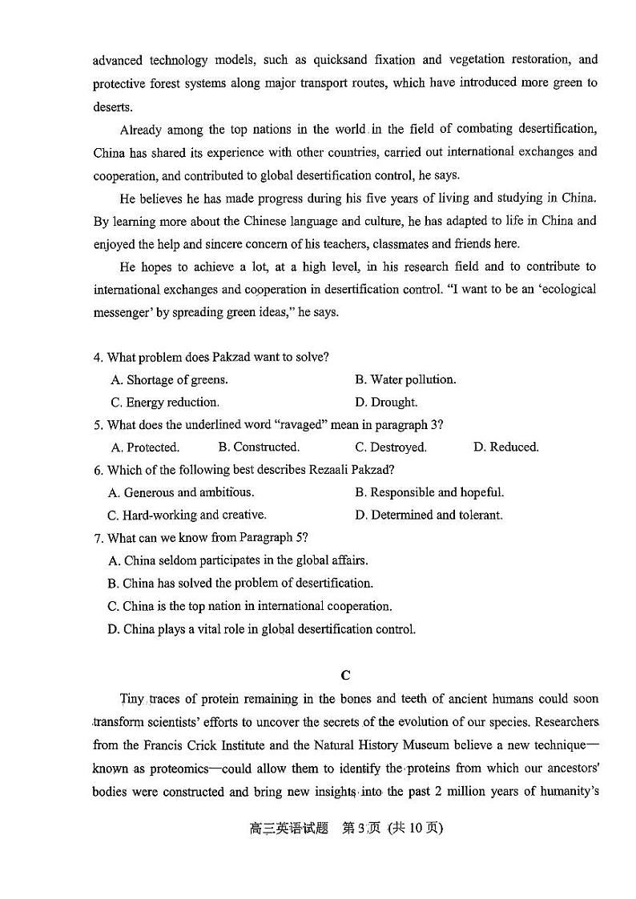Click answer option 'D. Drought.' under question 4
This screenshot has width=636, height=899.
pyautogui.click(x=386, y=403)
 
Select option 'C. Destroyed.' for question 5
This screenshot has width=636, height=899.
pyautogui.click(x=391, y=447)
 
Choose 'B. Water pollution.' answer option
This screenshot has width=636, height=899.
pyautogui.click(x=405, y=380)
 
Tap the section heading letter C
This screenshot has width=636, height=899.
pyautogui.click(x=345, y=675)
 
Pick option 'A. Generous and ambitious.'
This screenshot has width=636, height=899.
pyautogui.click(x=181, y=492)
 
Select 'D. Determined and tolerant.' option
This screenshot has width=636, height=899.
pyautogui.click(x=429, y=516)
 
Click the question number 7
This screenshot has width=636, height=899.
pyautogui.click(x=98, y=538)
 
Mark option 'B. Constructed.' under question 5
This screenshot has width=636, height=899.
pyautogui.click(x=259, y=447)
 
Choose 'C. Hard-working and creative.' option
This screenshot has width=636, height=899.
pyautogui.click(x=187, y=516)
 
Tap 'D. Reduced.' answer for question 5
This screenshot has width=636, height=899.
pyautogui.click(x=506, y=447)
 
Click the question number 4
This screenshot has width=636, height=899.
pyautogui.click(x=98, y=357)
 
